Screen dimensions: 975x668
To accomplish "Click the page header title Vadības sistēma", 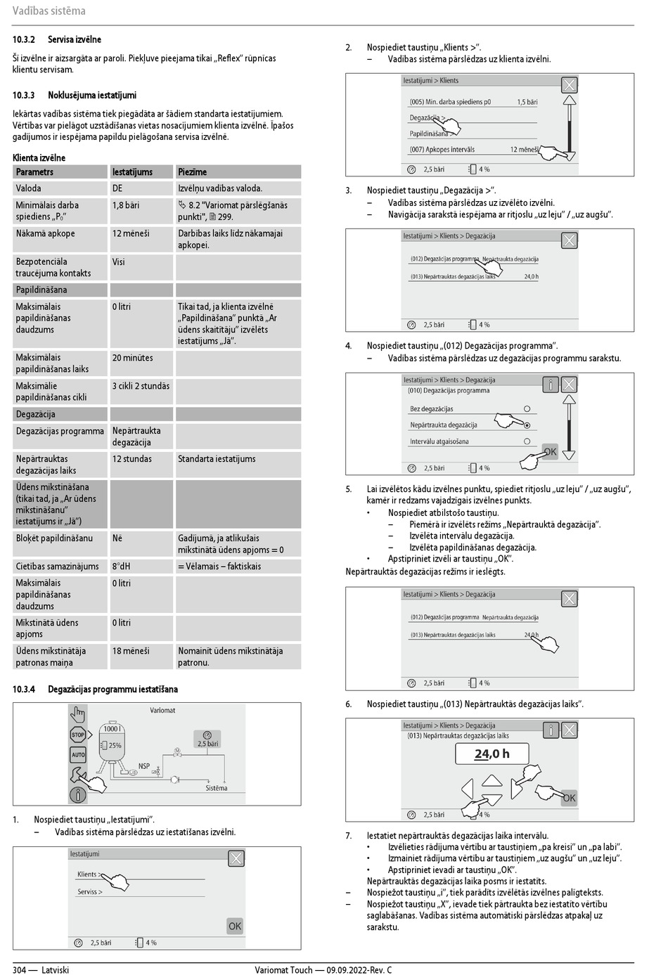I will (x=49, y=11).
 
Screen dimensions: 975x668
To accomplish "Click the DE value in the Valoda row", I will (x=117, y=188).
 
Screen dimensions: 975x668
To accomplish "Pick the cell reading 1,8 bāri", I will (x=126, y=205).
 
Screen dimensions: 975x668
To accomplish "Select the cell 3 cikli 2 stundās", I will (x=141, y=386).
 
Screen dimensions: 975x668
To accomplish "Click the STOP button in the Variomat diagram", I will (x=77, y=735).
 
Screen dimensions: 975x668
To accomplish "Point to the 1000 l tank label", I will (x=112, y=728).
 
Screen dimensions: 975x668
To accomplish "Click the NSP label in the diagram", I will (x=144, y=766).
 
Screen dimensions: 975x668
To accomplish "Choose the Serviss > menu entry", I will (x=90, y=892).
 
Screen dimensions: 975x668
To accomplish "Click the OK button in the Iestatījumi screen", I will (x=235, y=926).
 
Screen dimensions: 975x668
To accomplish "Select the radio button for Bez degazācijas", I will (x=527, y=408).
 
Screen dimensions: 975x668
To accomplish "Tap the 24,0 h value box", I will (x=492, y=754).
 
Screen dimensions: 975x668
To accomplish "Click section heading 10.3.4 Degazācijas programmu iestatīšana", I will (x=95, y=690).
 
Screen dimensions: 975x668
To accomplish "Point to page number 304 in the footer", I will (x=19, y=970).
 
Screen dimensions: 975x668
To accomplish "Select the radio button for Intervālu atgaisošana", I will (x=527, y=441).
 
